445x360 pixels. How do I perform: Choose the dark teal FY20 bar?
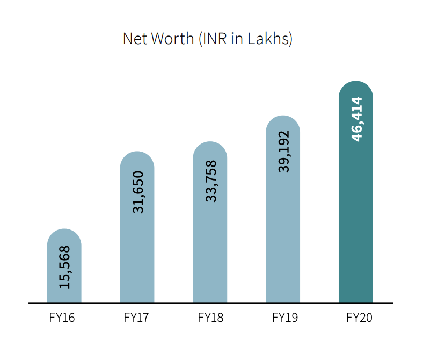tap(356, 215)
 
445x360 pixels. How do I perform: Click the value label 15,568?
tap(64, 267)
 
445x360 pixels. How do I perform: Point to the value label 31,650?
tap(138, 192)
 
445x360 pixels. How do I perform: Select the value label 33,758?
tap(211, 181)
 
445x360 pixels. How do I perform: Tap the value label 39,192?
tap(284, 152)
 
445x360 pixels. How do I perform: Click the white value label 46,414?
tap(357, 119)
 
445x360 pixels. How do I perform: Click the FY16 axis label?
tap(62, 318)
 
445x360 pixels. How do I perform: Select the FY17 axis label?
tap(136, 318)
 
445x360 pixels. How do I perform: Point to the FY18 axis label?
tap(210, 318)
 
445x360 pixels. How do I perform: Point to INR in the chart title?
tap(214, 39)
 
